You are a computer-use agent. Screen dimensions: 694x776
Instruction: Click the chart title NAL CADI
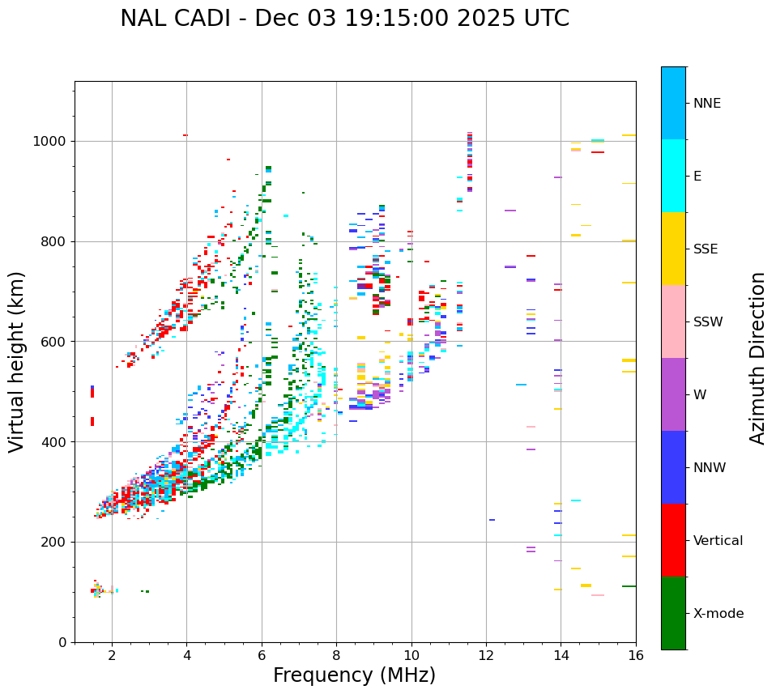[x=344, y=19]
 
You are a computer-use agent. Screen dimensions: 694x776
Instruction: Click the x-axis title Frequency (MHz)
[x=354, y=675]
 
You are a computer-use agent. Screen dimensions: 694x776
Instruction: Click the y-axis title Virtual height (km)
[x=17, y=362]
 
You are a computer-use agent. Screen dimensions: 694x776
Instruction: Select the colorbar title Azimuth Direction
[x=757, y=358]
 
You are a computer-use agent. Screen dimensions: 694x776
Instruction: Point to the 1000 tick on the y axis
[x=53, y=141]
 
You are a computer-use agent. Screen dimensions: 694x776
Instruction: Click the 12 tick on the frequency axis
[x=486, y=655]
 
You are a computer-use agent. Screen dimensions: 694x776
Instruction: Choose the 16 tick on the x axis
[x=636, y=655]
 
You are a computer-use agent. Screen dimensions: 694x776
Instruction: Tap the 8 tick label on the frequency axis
[x=336, y=655]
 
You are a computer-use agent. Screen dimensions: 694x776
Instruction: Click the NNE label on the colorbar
[x=706, y=104]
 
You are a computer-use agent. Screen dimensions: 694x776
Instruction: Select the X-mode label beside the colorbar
[x=718, y=614]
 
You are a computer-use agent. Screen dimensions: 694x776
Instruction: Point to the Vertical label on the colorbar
[x=718, y=541]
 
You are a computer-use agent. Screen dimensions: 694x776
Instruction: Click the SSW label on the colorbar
[x=708, y=322]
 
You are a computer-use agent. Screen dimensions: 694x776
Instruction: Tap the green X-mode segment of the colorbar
[x=673, y=613]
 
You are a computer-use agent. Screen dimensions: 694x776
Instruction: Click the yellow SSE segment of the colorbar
[x=673, y=249]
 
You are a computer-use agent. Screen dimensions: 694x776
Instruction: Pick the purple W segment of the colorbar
[x=673, y=394]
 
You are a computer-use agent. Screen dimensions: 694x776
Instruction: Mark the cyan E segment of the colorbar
[x=673, y=176]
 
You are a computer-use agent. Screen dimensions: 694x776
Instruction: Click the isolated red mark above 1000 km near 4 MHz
[x=185, y=135]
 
